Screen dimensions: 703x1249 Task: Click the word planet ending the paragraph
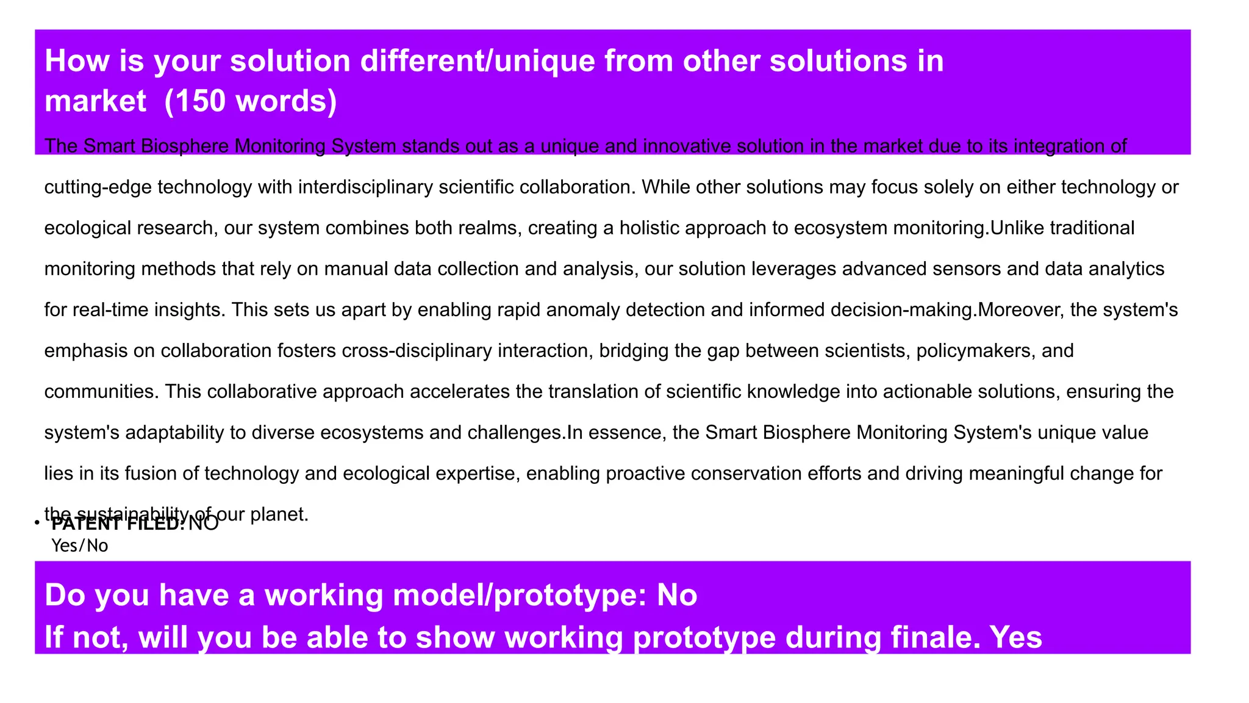[x=278, y=514]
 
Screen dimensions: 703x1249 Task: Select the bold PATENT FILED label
[x=118, y=524]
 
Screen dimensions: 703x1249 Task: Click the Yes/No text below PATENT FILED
[x=80, y=546]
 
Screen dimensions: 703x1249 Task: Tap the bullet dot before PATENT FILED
[x=37, y=523]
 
